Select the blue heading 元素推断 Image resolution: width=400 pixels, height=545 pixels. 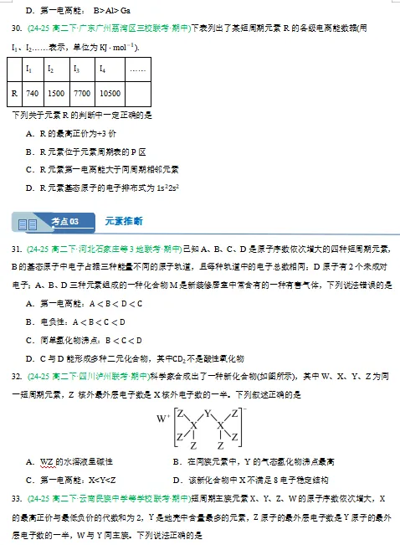124,221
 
